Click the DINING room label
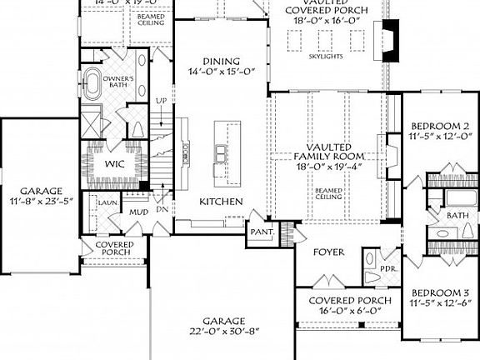tap(221, 61)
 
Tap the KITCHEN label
tap(221, 202)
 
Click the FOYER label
tap(329, 251)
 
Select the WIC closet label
tap(114, 164)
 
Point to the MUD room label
tap(137, 213)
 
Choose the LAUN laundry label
tap(105, 202)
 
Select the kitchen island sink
tap(221, 152)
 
